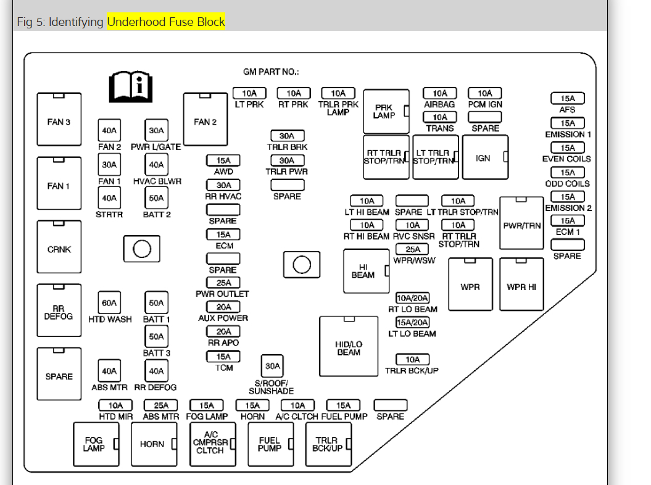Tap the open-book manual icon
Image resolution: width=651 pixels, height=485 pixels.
click(x=130, y=86)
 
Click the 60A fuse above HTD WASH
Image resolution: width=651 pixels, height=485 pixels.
click(x=109, y=302)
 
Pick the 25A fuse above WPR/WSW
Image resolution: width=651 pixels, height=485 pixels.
click(x=412, y=249)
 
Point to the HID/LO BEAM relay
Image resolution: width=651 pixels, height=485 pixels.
click(x=349, y=346)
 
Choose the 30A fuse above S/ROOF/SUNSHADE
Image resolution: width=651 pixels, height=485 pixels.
click(x=273, y=366)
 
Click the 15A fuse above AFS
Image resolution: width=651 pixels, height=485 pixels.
click(x=567, y=99)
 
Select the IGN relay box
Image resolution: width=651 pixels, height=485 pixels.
click(x=485, y=157)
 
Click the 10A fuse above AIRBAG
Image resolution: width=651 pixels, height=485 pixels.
click(x=439, y=93)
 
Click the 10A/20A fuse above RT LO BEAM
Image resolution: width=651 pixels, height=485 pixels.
click(x=412, y=298)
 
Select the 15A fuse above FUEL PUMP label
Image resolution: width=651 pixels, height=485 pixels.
click(x=343, y=405)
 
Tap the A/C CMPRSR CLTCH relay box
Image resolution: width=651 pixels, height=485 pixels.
click(x=213, y=444)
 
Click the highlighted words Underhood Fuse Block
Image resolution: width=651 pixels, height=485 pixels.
click(x=166, y=22)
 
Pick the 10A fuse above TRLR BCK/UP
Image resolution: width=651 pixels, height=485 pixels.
click(x=412, y=359)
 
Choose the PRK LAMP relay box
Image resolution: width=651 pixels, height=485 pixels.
click(x=386, y=112)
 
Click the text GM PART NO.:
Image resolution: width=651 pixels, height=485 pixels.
click(x=271, y=72)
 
